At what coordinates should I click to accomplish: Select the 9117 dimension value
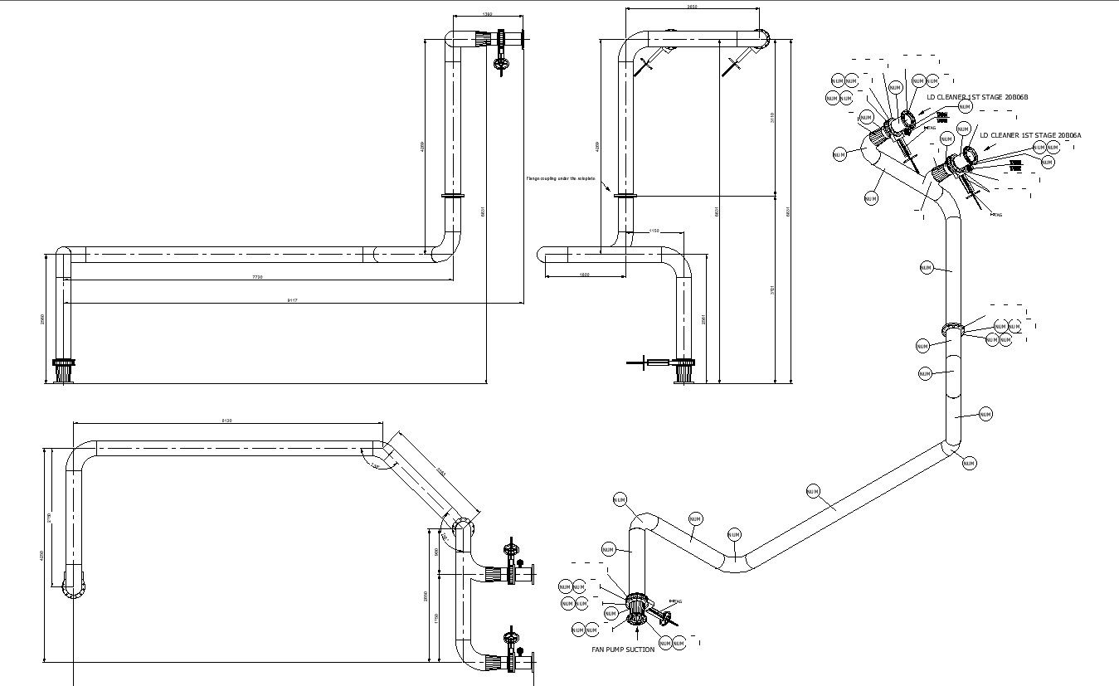[292, 300]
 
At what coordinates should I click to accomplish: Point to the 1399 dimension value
[487, 14]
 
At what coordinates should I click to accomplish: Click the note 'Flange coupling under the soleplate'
[561, 178]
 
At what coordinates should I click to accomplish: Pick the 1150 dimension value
[654, 231]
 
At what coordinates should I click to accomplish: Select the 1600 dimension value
[584, 275]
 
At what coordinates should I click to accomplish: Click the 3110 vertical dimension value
[772, 117]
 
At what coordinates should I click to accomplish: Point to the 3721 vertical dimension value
[772, 290]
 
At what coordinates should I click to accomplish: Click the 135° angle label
[375, 467]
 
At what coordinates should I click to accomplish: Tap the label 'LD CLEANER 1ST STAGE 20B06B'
[977, 97]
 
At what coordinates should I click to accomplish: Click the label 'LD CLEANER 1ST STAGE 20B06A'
[1030, 135]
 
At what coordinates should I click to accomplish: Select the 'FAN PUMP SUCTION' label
[622, 650]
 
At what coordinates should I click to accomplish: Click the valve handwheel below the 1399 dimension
[499, 64]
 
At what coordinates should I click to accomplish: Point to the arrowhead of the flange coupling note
[611, 192]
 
